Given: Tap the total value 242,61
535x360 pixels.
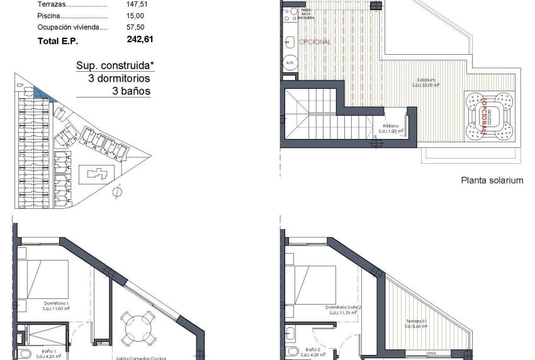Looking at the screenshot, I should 140,39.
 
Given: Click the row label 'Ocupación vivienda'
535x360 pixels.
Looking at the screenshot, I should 72,27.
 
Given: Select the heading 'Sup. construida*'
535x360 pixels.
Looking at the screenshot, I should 113,66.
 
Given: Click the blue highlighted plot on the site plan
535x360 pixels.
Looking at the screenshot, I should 45,94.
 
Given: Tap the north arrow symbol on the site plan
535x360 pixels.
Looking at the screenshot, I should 116,191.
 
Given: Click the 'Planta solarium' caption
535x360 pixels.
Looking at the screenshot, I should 492,180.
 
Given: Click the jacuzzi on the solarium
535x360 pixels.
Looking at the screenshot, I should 489,115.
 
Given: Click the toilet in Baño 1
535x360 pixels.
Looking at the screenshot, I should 24,352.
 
